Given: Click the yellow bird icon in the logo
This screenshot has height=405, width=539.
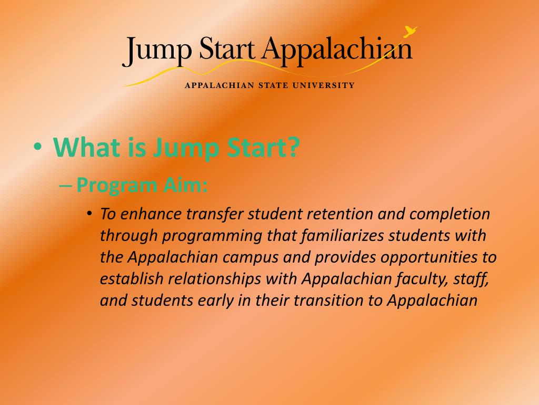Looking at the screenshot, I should click(410, 31).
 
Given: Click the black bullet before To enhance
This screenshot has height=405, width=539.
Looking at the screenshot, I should click(89, 214).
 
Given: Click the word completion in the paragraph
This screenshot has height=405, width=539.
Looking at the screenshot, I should click(450, 214).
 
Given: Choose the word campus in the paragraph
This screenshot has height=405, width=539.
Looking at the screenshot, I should click(250, 257).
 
